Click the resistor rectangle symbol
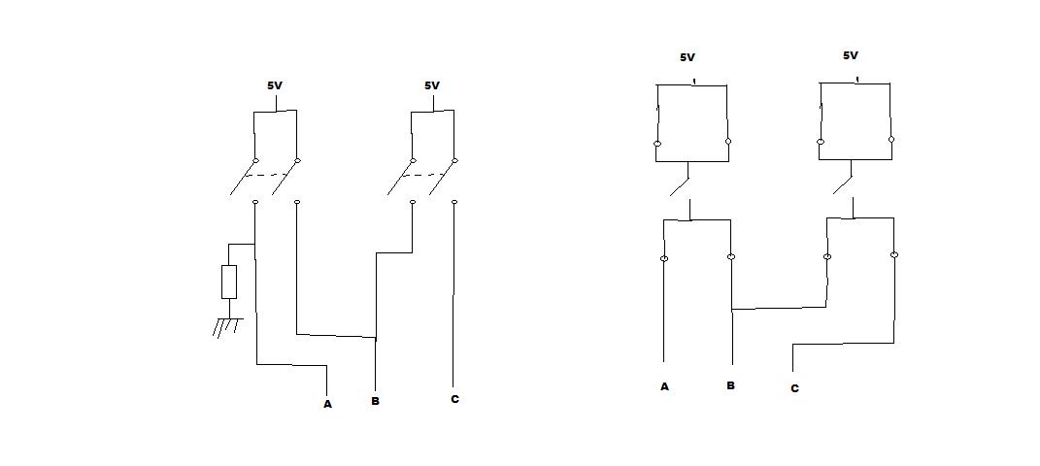point(229,282)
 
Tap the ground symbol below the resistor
point(227,326)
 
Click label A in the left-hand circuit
point(327,404)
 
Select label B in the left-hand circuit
point(375,401)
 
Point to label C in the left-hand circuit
point(454,399)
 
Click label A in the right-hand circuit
point(664,386)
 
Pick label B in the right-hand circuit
point(730,385)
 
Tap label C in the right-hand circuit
point(794,388)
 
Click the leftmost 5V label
point(275,85)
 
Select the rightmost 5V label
point(851,56)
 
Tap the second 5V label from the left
point(432,85)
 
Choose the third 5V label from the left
point(688,57)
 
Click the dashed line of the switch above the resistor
point(264,176)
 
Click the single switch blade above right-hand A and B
point(680,181)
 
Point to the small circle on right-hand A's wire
point(664,258)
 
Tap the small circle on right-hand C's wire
point(893,255)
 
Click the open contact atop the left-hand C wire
point(454,202)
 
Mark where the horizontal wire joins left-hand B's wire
point(375,339)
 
